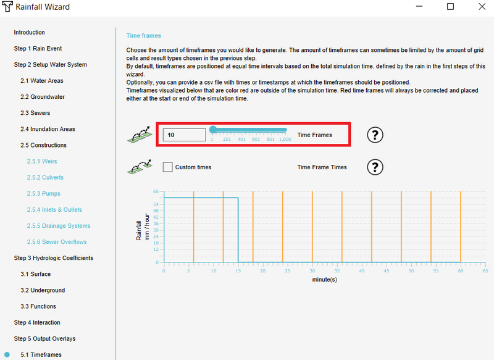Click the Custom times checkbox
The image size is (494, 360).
click(167, 167)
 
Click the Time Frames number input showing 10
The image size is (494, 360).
click(184, 135)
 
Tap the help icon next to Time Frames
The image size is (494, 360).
click(375, 135)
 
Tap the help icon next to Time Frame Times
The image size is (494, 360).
click(375, 167)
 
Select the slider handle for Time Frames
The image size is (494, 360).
click(212, 130)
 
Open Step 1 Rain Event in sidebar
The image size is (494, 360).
click(38, 49)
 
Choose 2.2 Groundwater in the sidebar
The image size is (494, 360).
click(42, 97)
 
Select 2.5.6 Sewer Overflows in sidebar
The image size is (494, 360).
click(56, 242)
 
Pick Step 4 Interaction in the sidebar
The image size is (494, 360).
click(37, 322)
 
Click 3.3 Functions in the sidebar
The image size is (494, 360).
click(38, 306)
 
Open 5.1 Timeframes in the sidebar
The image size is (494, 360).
click(41, 355)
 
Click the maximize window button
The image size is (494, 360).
click(450, 7)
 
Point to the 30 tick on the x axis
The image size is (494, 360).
click(312, 271)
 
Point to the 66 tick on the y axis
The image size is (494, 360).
click(156, 192)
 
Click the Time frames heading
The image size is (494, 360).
click(143, 36)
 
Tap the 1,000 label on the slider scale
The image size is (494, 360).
click(285, 140)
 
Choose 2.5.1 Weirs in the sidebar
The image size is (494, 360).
click(42, 161)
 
